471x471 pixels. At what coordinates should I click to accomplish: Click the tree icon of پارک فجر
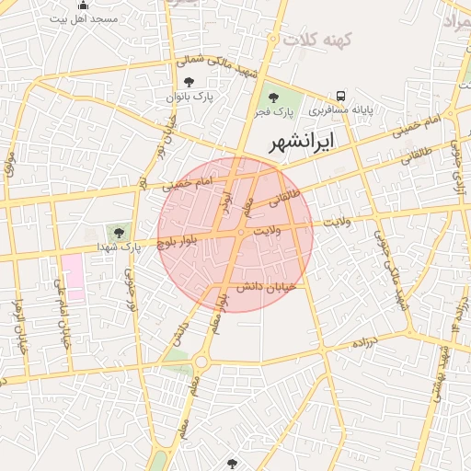tap(272, 97)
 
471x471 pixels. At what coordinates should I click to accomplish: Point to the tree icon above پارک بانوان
tap(190, 84)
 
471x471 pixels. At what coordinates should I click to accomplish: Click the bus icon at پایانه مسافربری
tap(340, 96)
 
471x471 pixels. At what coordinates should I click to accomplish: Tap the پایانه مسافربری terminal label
tap(340, 109)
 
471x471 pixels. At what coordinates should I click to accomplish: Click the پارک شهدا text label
tap(119, 247)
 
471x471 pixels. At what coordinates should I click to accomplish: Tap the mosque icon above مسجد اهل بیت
tap(84, 6)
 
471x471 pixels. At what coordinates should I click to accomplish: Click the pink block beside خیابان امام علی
tap(73, 277)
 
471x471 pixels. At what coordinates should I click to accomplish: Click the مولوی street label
tap(11, 166)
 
